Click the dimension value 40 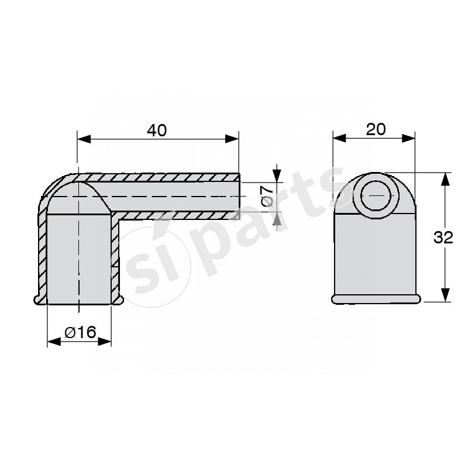click(x=157, y=130)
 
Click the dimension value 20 click(x=376, y=129)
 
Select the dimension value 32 click(x=443, y=238)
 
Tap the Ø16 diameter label click(x=81, y=332)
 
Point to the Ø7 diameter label click(x=267, y=196)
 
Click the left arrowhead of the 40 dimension click(x=84, y=139)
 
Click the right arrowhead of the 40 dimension click(x=232, y=139)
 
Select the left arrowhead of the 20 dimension click(x=339, y=138)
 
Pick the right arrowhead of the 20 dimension click(x=408, y=138)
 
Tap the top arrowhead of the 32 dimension click(x=445, y=180)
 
